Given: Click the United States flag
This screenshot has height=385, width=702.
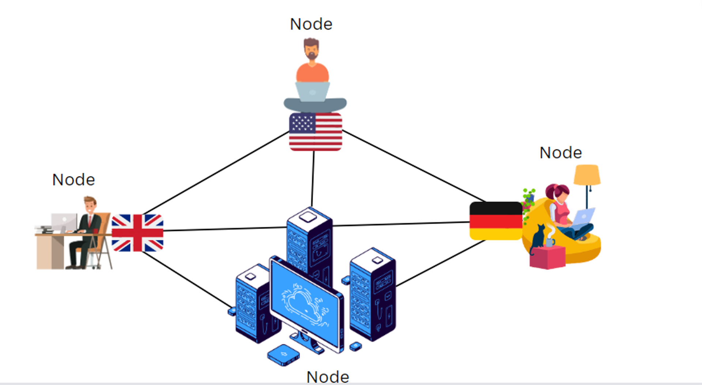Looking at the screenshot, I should [x=316, y=132].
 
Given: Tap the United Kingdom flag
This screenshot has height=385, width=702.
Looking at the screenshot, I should [x=137, y=233].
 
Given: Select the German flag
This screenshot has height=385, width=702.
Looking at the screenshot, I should [x=496, y=221].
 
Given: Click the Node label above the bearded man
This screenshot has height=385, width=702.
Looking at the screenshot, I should [x=311, y=24].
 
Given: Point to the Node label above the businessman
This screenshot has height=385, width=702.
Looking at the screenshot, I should [x=73, y=180].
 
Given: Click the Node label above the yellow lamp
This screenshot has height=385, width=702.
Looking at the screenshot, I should [x=561, y=153].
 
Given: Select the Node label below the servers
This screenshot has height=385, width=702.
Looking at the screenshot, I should [x=328, y=377].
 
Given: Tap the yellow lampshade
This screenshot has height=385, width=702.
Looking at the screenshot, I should [x=587, y=175].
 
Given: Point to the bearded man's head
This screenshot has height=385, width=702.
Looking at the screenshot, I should [x=311, y=49].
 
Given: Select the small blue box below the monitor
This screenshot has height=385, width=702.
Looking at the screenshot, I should [x=283, y=355].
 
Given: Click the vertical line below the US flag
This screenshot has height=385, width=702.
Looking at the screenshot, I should [x=313, y=179].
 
